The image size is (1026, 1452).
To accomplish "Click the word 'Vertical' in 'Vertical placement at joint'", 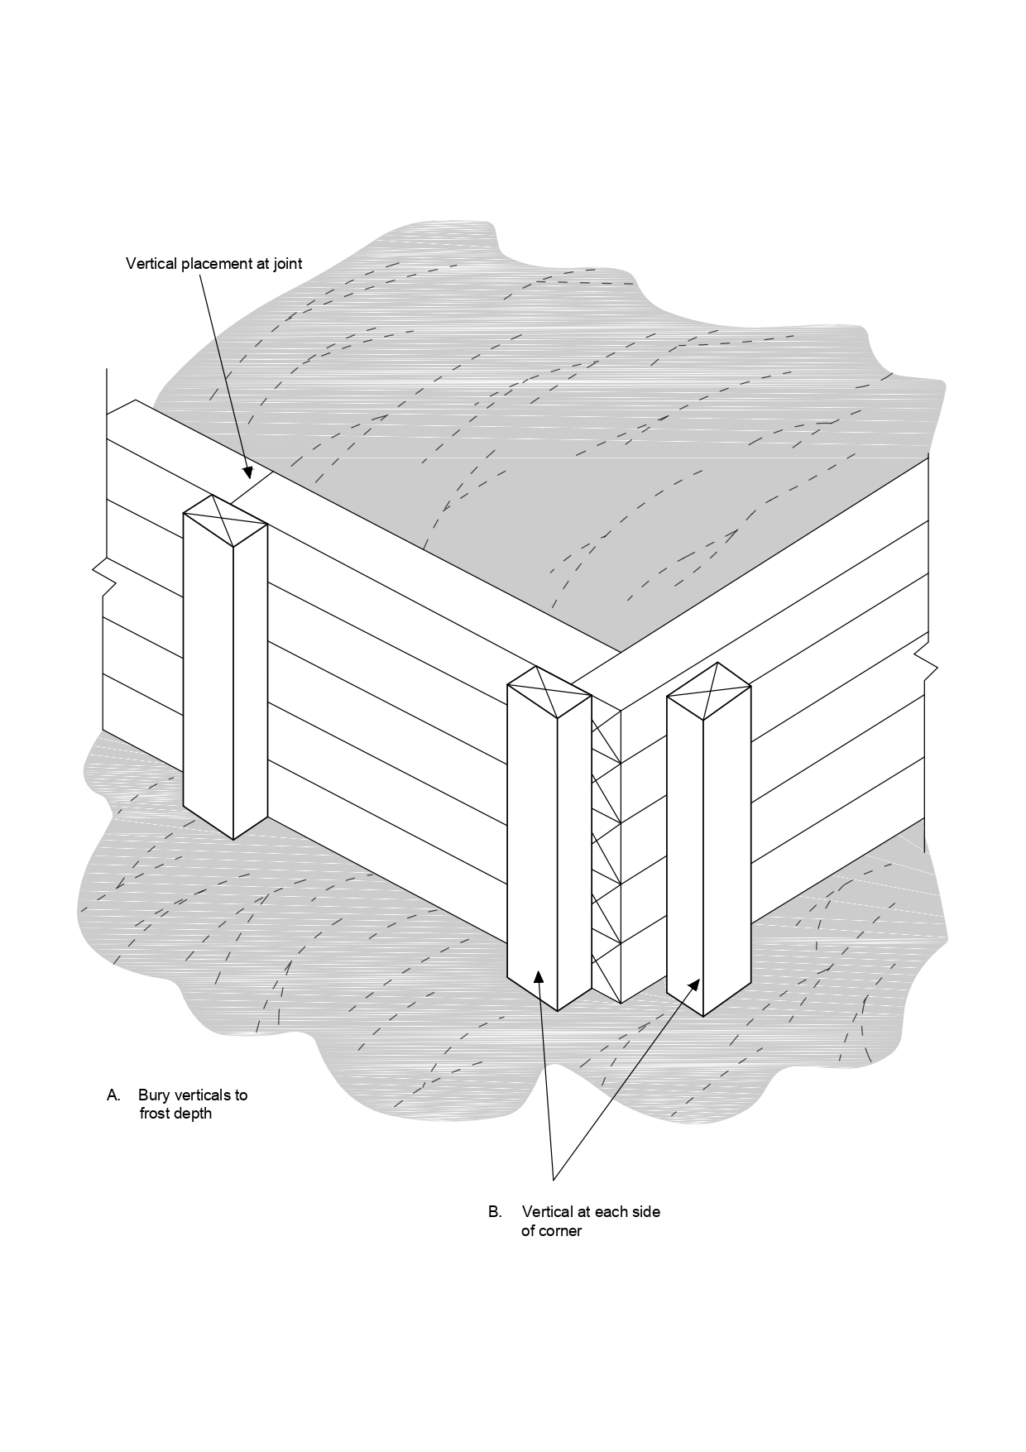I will click(x=151, y=264).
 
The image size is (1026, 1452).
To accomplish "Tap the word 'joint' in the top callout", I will click(x=286, y=264).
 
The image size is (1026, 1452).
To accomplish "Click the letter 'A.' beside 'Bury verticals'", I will click(x=113, y=1095).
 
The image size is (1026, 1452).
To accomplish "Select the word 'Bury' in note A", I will click(x=153, y=1095).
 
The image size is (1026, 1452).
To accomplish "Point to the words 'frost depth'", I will click(x=175, y=1114).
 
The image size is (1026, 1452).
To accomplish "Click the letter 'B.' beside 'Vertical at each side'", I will click(x=495, y=1212).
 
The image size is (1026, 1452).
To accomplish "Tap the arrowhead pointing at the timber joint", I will click(x=247, y=472).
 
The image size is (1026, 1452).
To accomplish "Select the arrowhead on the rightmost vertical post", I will click(x=695, y=985).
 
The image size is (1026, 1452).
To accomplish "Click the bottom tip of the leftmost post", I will click(x=233, y=838).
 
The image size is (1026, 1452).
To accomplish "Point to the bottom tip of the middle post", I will click(x=557, y=1010).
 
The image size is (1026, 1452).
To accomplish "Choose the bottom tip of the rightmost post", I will click(x=703, y=1015).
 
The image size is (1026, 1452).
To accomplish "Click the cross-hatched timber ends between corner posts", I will click(x=606, y=852).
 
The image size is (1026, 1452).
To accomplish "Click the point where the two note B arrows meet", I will click(x=552, y=1178).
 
